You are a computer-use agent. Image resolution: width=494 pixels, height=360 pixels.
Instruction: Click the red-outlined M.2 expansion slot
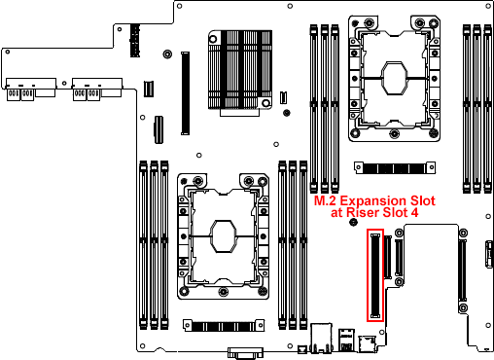point(375,276)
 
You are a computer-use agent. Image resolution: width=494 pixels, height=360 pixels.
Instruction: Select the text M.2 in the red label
point(327,201)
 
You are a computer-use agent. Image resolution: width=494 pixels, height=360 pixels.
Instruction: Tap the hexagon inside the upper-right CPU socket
point(394,76)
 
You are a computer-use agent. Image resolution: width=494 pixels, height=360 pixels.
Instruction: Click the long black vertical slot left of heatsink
point(184,92)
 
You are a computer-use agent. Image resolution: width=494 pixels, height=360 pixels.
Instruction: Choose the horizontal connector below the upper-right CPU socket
point(392,167)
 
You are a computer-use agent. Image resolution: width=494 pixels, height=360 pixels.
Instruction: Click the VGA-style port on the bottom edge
point(245,352)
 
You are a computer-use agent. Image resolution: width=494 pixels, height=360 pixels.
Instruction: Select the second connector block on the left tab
point(87,90)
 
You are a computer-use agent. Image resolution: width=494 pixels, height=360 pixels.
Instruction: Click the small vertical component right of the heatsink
point(283,98)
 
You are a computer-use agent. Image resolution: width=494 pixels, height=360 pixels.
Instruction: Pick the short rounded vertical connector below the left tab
point(157,128)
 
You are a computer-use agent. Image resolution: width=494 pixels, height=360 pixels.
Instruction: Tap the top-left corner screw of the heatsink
point(212,38)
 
